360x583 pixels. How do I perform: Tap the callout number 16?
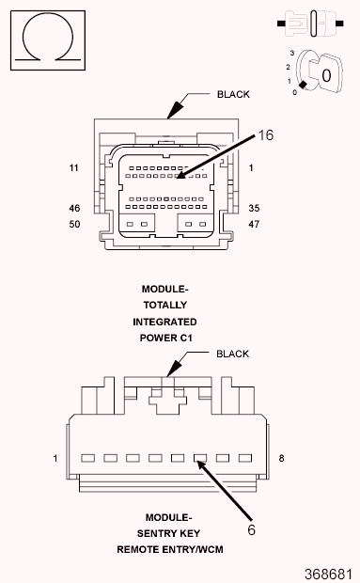266,135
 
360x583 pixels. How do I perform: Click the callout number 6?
252,529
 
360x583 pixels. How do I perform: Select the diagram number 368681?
328,574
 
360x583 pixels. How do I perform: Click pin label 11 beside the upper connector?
74,168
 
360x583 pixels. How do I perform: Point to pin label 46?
74,208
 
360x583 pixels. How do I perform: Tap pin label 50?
74,224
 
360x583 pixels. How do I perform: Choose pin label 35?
254,208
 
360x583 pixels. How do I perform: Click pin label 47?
254,224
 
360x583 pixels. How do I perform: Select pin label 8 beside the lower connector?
281,459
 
